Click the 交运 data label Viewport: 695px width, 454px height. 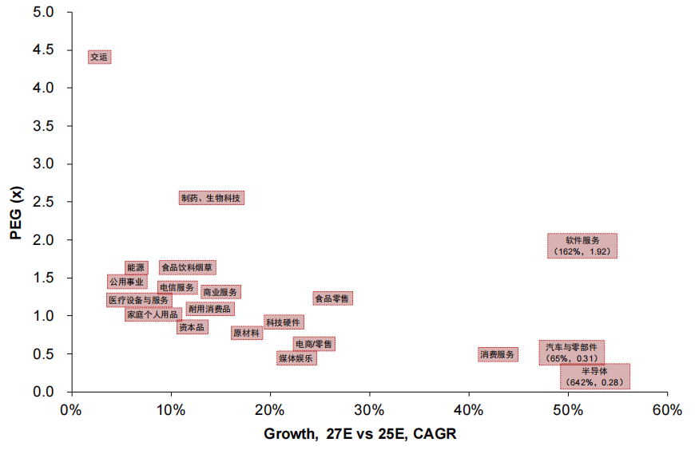point(99,57)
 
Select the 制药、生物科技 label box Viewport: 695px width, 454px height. point(211,198)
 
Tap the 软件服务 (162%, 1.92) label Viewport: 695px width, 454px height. point(582,246)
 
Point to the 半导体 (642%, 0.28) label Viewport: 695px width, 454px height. point(594,377)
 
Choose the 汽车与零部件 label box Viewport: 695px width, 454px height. point(571,353)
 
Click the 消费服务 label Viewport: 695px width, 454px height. point(498,354)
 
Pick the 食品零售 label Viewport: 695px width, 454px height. point(332,298)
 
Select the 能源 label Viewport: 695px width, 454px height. point(136,267)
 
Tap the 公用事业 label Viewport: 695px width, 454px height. point(127,282)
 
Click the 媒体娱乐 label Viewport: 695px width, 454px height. point(296,358)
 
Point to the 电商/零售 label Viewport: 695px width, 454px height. point(314,344)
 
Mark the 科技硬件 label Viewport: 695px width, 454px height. point(284,322)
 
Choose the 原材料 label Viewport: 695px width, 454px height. point(246,333)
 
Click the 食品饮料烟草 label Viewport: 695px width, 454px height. point(187,267)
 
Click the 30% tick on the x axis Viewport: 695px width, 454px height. point(369,411)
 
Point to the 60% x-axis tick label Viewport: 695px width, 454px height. point(667,411)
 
